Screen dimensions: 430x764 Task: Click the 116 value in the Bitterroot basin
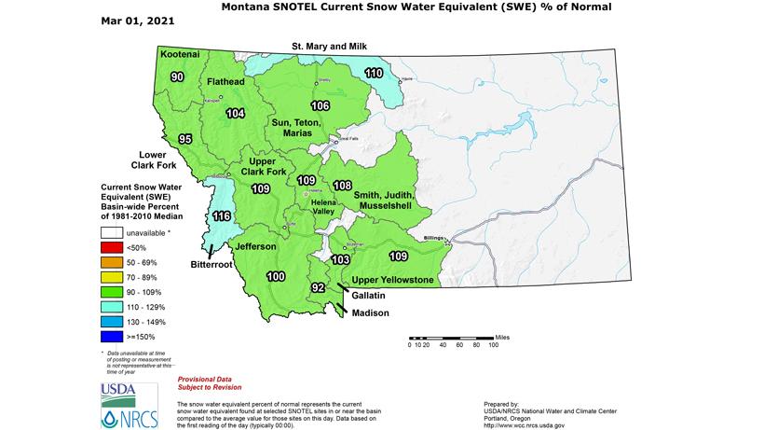coord(222,216)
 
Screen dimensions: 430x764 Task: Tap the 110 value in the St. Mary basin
coord(374,73)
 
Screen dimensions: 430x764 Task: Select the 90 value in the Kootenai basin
coord(176,76)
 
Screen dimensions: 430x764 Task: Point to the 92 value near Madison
coord(319,287)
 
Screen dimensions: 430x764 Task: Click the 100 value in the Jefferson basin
coord(276,277)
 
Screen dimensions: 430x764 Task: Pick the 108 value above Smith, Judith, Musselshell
coord(343,185)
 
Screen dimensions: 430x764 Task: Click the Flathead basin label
coord(225,82)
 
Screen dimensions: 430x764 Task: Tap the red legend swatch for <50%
coord(114,246)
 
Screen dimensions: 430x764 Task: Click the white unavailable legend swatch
coord(114,232)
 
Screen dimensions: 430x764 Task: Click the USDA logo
coord(117,391)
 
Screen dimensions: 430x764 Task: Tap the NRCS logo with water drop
coord(117,415)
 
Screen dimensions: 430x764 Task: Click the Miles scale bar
coord(451,337)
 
